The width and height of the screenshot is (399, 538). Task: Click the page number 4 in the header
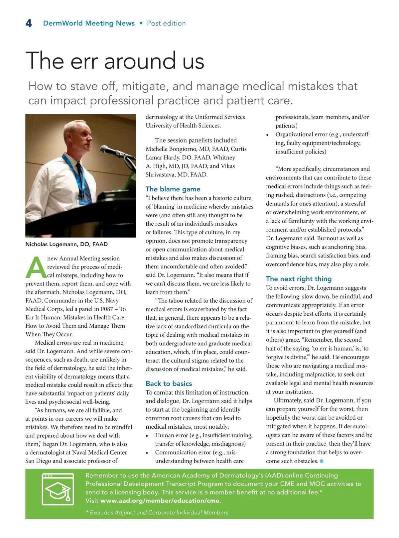point(29,24)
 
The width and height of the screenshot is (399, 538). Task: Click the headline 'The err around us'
point(115,60)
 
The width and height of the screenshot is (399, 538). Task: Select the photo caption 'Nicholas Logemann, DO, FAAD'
point(66,244)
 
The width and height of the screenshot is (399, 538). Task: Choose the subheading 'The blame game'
point(173,189)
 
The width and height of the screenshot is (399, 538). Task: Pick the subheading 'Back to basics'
point(169,383)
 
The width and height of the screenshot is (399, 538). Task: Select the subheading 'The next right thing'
point(299,279)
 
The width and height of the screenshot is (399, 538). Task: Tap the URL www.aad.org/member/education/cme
point(160,500)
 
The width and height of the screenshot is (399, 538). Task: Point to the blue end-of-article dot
point(322,461)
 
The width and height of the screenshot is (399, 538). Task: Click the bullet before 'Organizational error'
point(268,135)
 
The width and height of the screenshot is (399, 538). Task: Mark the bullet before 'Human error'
point(147,436)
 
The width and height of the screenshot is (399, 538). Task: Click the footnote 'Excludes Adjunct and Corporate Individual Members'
point(159,512)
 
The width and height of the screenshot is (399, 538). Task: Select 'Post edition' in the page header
point(166,23)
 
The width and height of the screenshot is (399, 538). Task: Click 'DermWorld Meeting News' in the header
point(89,23)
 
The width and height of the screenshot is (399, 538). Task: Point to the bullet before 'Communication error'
point(147,453)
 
